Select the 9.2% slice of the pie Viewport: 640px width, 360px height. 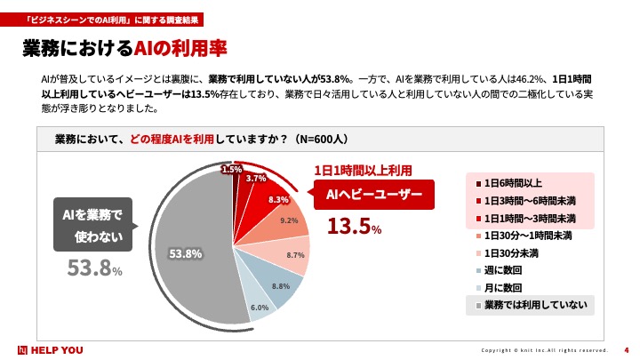tap(286, 220)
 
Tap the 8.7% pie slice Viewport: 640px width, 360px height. tap(294, 255)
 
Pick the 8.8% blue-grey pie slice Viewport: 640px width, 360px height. tap(281, 286)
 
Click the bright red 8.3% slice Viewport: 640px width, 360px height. tap(276, 198)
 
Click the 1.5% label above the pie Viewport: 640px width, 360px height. tap(232, 169)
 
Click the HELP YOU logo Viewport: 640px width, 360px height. tap(51, 349)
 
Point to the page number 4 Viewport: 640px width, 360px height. tap(627, 348)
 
